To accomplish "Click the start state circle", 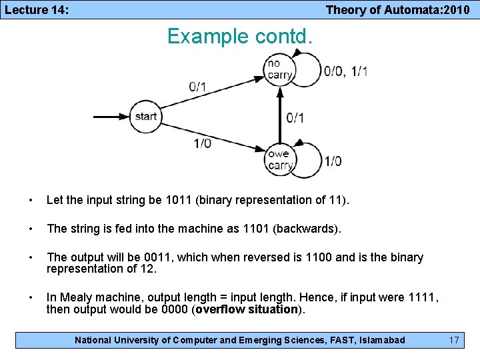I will [145, 117].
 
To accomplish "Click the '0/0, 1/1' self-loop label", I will [345, 71].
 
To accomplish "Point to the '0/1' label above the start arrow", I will [197, 86].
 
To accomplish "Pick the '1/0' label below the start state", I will [203, 143].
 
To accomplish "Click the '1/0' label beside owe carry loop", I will [333, 161].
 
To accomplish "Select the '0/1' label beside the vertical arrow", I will [295, 118].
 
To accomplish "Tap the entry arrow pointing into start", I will [110, 117].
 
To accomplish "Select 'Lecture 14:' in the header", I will [36, 9].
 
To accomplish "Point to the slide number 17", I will [454, 340].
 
